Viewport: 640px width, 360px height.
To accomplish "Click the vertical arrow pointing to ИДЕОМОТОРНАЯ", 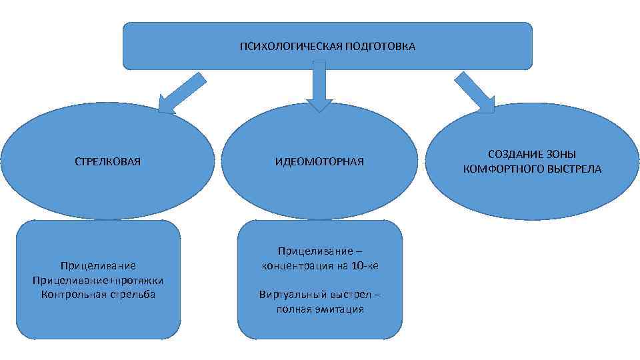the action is pyautogui.click(x=319, y=85).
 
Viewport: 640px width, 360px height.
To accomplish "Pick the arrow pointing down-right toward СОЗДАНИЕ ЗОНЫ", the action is pyautogui.click(x=474, y=93).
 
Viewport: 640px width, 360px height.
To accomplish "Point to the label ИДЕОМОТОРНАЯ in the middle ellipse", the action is pyautogui.click(x=319, y=161).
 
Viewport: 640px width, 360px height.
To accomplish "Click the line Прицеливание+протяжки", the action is pyautogui.click(x=97, y=280).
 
